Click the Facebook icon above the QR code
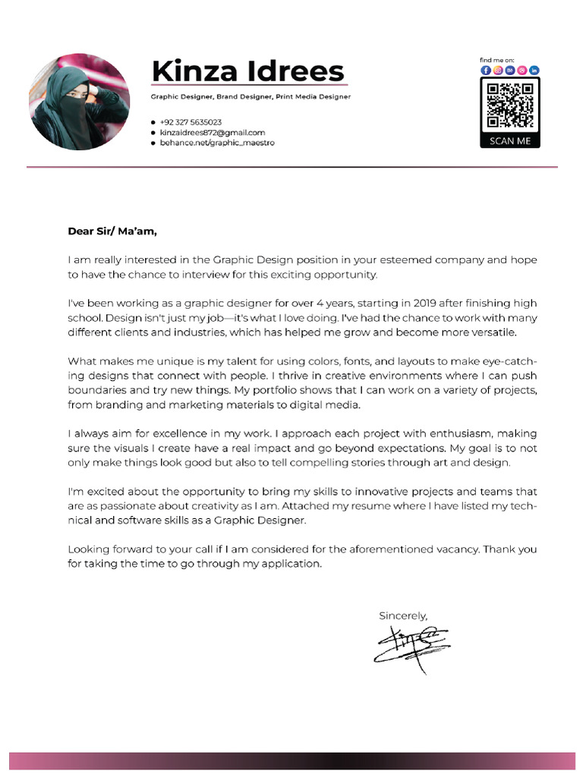pos(486,70)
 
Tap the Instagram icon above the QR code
pos(498,70)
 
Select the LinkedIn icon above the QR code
pos(534,70)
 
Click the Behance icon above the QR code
pos(510,70)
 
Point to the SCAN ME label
pos(510,140)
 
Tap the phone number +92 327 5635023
pos(191,122)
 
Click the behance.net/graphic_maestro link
pos(216,143)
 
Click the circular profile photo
pos(79,102)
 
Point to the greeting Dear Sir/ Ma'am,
pos(112,231)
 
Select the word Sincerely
pos(403,615)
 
